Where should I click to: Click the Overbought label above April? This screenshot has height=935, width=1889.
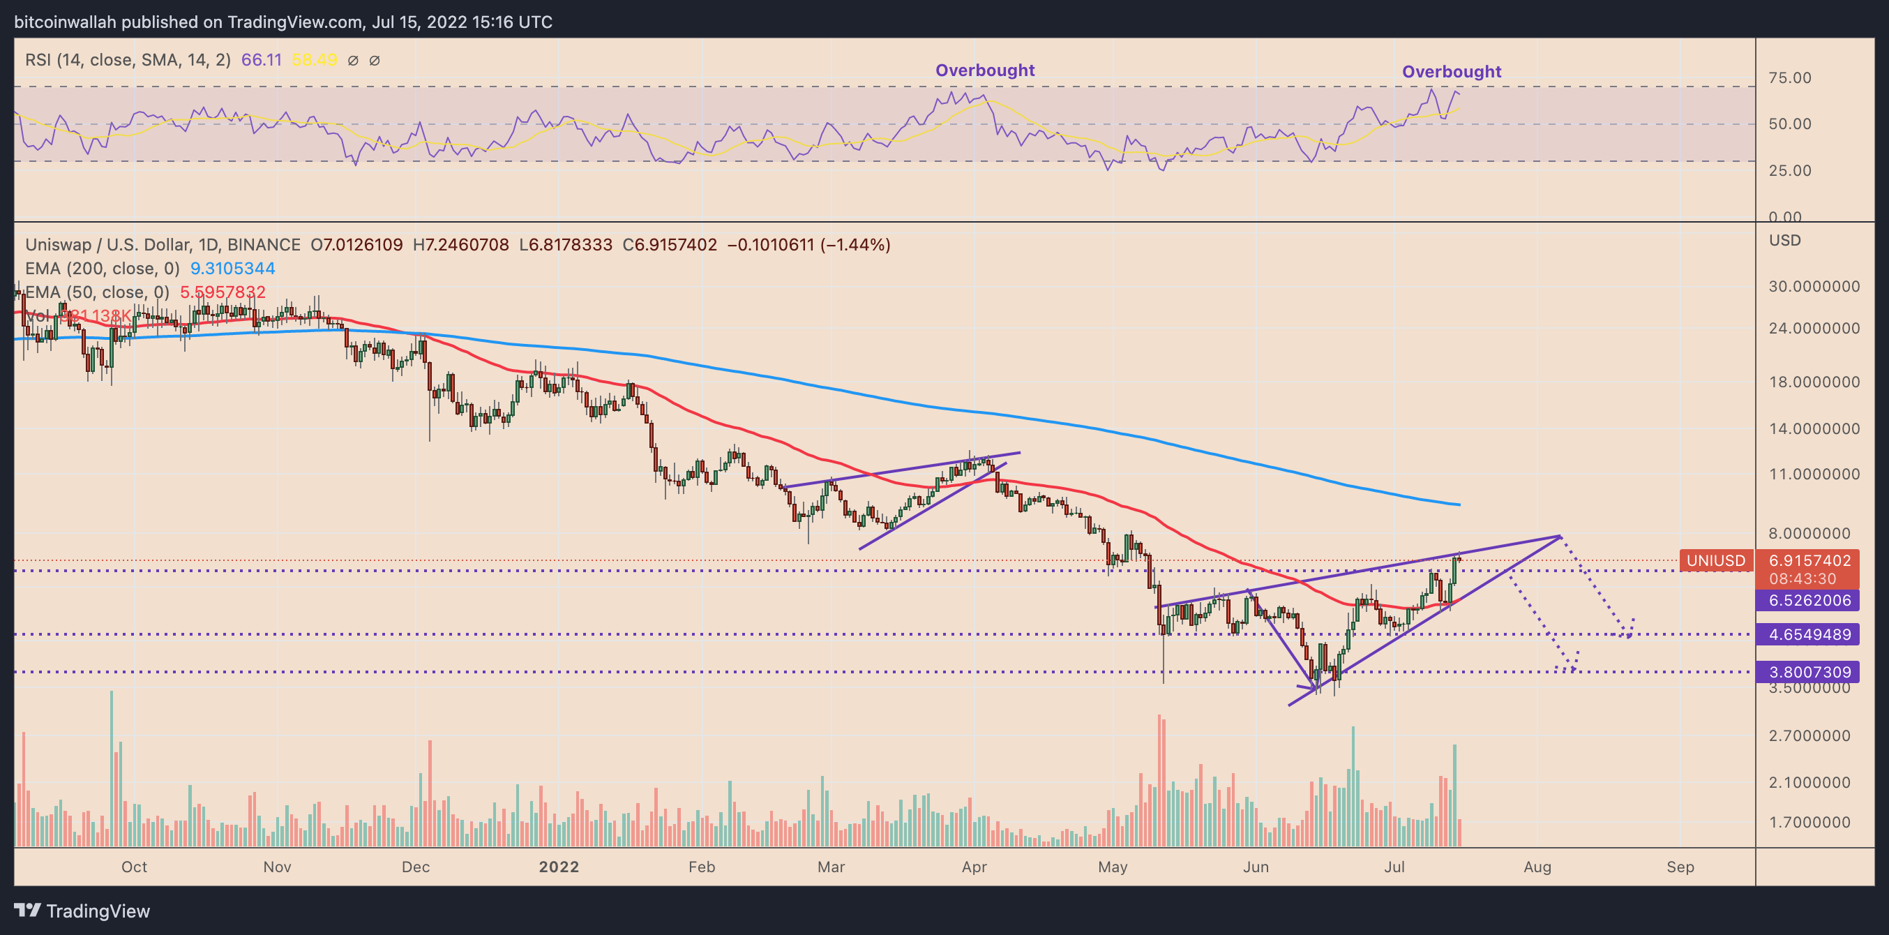[984, 70]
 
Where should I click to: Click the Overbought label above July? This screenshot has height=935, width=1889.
[1451, 72]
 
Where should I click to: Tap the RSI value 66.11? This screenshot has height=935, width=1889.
[261, 60]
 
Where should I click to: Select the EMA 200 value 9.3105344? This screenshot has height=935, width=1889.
[232, 269]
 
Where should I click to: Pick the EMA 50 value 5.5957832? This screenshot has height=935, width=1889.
[223, 292]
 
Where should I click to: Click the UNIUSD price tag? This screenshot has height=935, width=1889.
[1716, 561]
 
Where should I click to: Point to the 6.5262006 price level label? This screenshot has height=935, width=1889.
[1809, 601]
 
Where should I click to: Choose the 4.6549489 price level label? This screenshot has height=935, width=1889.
[1809, 634]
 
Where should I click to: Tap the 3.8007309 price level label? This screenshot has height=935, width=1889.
[1809, 672]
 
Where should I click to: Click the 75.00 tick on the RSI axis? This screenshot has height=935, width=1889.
[1789, 77]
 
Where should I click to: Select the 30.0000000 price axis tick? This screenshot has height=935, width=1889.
[1814, 287]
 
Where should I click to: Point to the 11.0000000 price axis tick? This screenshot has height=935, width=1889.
[1814, 474]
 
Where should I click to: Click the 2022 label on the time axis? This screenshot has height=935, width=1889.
[559, 867]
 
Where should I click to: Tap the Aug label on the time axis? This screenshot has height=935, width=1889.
[1537, 867]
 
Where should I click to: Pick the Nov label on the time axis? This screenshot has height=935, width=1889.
[277, 867]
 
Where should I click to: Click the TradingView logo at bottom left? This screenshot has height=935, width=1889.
[82, 911]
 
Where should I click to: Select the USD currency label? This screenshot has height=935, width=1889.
[1784, 241]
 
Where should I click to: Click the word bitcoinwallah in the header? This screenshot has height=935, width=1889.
[66, 22]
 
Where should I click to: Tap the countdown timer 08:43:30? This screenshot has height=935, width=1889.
[1802, 578]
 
